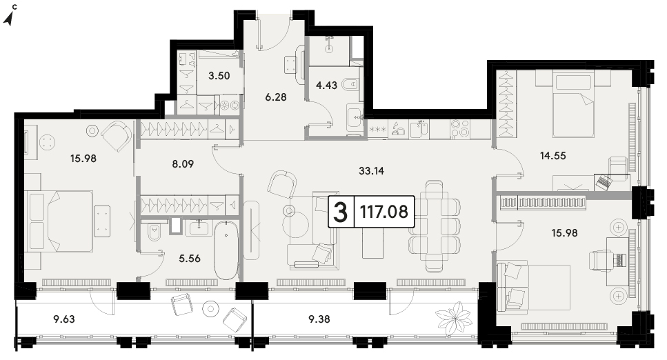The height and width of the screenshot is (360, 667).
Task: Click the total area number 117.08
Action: [384, 212]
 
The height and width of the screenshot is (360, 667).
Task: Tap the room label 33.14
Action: [371, 171]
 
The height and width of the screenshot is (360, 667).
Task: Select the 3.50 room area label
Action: [219, 76]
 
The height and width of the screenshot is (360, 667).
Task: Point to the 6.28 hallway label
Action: [276, 97]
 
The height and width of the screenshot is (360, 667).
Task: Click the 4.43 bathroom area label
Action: [326, 86]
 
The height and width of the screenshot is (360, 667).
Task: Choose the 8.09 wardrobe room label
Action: [183, 164]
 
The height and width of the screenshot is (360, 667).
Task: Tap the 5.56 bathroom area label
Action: [189, 259]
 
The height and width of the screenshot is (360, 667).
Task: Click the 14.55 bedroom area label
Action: [553, 156]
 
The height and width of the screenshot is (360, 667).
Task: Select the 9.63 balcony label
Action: [64, 319]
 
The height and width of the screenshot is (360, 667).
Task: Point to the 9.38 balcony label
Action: [319, 319]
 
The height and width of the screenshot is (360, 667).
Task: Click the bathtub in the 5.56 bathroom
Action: [226, 250]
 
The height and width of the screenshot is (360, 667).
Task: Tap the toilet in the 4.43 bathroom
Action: [350, 85]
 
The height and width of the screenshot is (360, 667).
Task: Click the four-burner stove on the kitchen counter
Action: [460, 129]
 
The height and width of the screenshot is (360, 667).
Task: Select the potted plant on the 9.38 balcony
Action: [454, 319]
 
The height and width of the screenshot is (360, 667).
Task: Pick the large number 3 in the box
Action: [340, 212]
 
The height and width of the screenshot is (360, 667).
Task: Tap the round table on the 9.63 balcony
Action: [210, 309]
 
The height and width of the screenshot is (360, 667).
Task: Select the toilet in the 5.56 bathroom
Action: [152, 232]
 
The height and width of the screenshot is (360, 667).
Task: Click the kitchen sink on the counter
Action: [419, 129]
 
